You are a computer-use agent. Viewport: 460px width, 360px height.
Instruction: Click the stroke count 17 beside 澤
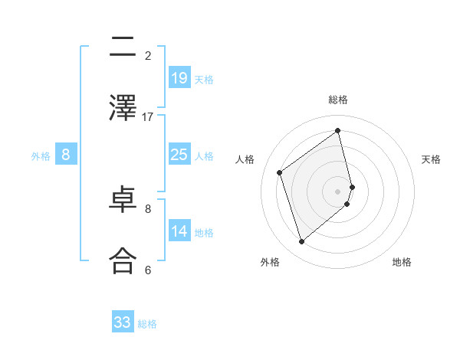coord(148,117)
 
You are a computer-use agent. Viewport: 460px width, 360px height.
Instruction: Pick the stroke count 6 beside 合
coord(148,270)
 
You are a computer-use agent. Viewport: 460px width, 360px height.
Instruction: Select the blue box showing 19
coord(179,78)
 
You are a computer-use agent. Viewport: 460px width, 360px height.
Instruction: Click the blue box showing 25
coord(179,155)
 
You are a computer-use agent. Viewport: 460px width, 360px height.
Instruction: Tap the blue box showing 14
coord(179,231)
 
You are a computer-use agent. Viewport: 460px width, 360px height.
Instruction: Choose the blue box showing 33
coord(123,322)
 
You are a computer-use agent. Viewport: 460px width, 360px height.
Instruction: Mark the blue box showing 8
coord(66,155)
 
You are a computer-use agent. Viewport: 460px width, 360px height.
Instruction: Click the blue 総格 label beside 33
coord(147,324)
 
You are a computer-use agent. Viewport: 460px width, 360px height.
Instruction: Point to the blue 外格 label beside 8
coord(41,156)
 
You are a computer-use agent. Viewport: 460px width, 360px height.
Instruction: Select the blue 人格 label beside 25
coord(204,156)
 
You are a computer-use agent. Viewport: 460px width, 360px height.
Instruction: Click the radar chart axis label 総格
coord(338,100)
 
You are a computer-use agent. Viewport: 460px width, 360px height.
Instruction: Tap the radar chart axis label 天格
coord(431,159)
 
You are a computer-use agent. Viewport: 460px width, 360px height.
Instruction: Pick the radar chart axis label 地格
coord(402,262)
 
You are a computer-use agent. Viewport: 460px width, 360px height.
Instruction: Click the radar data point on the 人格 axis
coord(280,172)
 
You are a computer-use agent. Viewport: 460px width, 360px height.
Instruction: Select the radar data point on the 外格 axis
coord(301,242)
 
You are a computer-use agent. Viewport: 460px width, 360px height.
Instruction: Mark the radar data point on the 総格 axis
coord(338,130)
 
